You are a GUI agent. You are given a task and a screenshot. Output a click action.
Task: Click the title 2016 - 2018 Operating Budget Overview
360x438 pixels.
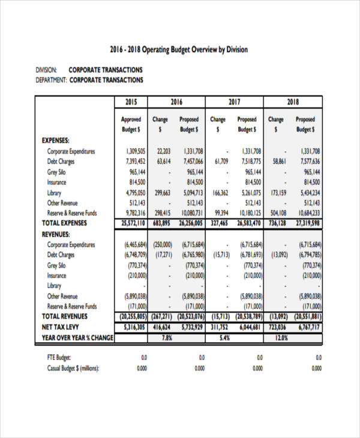(179, 50)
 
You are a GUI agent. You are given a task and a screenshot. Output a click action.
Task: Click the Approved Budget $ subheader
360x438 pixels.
(131, 124)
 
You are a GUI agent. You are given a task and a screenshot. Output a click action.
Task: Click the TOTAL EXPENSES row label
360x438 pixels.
(65, 223)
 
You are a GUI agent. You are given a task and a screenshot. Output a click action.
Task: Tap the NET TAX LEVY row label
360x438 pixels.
(62, 327)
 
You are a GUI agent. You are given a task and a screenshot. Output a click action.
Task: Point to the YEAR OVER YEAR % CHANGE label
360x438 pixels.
(77, 338)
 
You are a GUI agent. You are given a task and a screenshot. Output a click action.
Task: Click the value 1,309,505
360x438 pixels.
(136, 151)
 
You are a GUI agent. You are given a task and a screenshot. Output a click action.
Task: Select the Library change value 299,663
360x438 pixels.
(159, 193)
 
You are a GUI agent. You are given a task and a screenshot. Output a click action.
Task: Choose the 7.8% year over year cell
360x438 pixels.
(167, 338)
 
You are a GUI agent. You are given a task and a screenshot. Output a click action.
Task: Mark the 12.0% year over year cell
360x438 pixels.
(281, 338)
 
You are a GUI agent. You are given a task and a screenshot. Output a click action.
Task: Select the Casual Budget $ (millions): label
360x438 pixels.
(73, 368)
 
